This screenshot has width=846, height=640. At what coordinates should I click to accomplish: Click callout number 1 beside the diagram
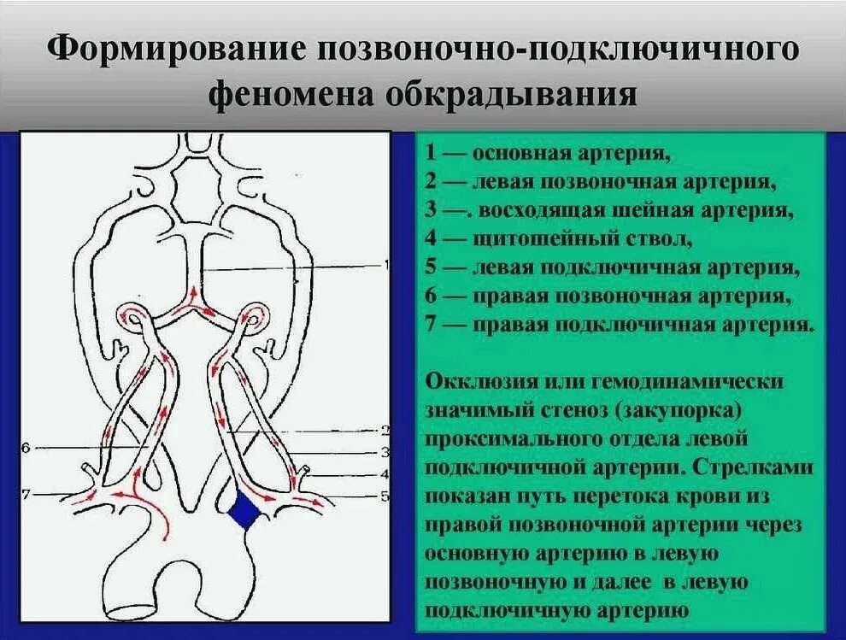[x=387, y=266]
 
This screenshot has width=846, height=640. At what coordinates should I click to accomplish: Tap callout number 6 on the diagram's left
[x=26, y=447]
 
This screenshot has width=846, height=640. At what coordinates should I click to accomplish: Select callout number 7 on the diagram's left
[x=26, y=494]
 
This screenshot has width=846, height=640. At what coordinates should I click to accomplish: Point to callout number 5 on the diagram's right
[x=385, y=495]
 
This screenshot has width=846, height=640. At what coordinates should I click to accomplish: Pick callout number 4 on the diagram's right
[x=385, y=473]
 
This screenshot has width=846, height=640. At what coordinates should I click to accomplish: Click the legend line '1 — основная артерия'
[x=547, y=154]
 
